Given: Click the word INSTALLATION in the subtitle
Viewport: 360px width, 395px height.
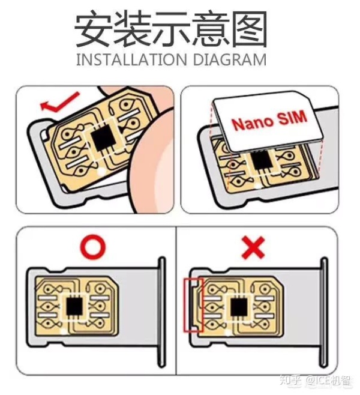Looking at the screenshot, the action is [131, 59].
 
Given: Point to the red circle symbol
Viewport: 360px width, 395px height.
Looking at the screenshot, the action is [92, 247].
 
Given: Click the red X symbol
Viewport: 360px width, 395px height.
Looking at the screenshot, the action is [253, 247].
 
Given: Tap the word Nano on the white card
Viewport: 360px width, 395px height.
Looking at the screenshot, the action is [253, 122].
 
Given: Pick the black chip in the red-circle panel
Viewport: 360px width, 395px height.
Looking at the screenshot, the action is [74, 306].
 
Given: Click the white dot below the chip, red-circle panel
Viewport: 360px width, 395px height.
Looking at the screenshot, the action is [64, 331].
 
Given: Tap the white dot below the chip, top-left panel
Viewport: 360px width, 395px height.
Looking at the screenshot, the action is [101, 172].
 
